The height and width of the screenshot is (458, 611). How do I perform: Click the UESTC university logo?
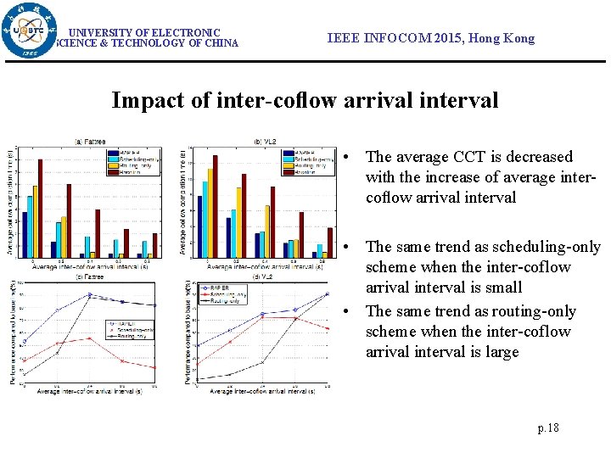(31, 31)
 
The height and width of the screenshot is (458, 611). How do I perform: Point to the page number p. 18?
(548, 428)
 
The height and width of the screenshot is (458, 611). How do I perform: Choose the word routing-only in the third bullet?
(533, 311)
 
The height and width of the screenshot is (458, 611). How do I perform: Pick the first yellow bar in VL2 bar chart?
(210, 214)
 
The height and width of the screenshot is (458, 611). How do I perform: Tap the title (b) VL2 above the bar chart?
(265, 141)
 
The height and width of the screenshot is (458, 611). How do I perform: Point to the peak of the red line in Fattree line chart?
(91, 338)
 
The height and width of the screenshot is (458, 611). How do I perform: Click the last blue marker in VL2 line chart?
(327, 294)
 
